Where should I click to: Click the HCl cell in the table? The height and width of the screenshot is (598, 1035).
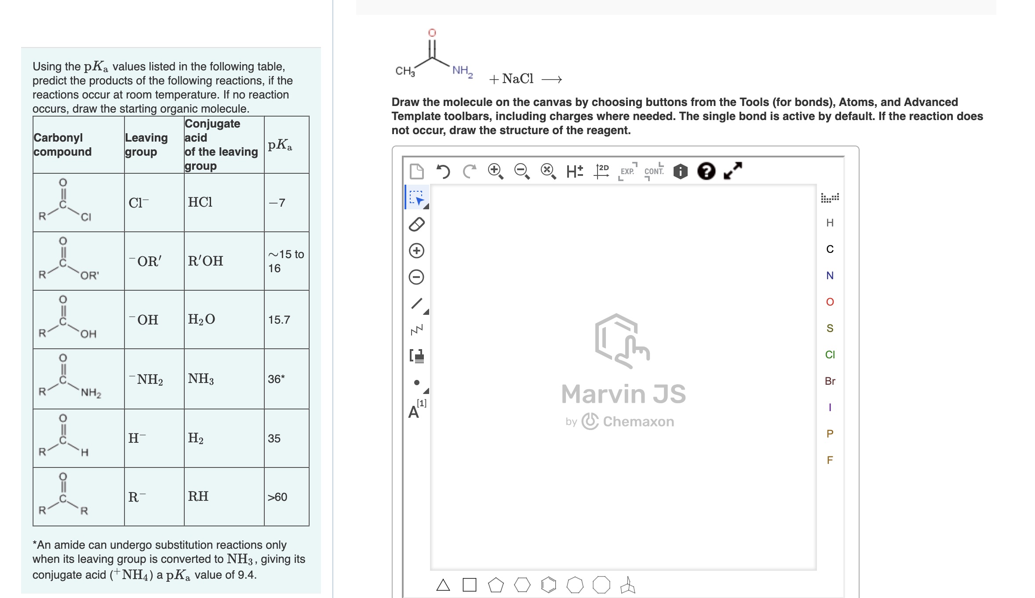point(200,202)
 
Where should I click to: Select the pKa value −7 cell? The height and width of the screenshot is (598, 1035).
point(277,203)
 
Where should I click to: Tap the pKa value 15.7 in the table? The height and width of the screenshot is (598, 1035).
point(279,320)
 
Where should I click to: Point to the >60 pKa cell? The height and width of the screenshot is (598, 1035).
point(277,497)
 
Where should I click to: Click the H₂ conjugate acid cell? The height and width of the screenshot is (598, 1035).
point(196,438)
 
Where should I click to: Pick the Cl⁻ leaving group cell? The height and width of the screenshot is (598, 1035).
point(138,203)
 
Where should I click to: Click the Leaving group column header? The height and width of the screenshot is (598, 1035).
point(146,145)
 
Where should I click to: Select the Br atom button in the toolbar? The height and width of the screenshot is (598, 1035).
point(830,381)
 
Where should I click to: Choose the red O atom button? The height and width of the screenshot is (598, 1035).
point(830,302)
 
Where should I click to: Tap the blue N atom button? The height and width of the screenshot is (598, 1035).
point(830,275)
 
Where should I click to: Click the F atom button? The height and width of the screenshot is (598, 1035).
point(830,460)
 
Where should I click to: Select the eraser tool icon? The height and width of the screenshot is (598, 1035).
point(416,224)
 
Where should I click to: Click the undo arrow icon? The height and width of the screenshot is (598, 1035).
point(443,171)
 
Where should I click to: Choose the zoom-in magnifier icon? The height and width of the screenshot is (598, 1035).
point(495,171)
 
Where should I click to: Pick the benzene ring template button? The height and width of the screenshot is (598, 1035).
point(548,585)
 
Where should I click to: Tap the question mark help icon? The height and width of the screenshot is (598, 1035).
point(706,171)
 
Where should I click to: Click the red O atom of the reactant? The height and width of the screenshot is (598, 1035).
point(432,33)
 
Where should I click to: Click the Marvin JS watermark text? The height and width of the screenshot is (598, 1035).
point(623,394)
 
